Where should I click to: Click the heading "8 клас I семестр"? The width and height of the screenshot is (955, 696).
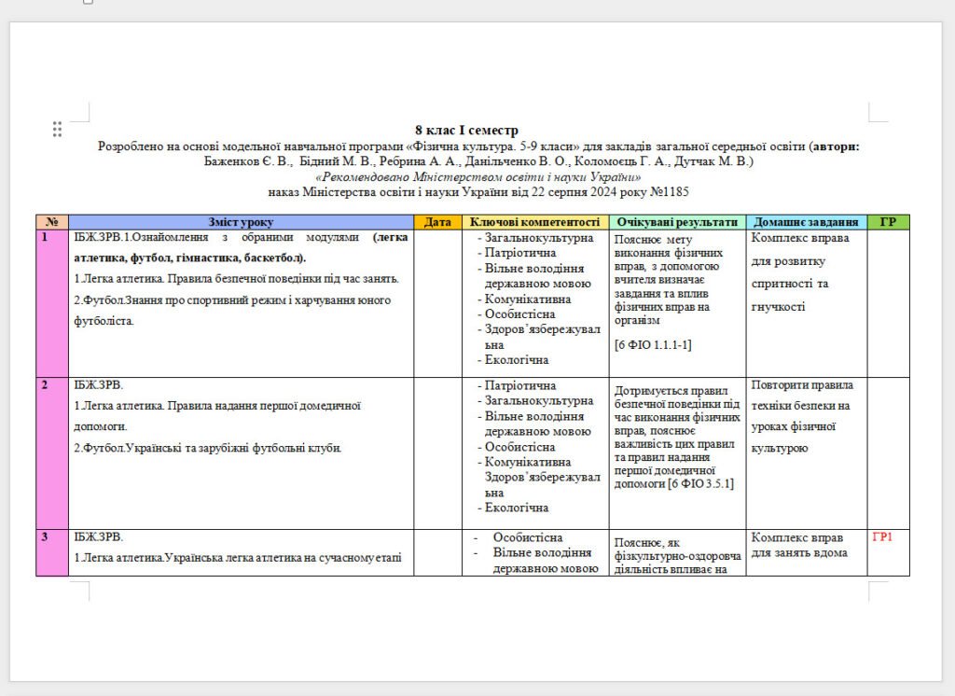point(466,131)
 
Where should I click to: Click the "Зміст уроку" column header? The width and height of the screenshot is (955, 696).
point(241,222)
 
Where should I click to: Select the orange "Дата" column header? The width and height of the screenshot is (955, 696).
point(437,222)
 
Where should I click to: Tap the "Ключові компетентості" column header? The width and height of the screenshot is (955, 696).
point(535,222)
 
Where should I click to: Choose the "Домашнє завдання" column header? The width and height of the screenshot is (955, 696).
point(806,222)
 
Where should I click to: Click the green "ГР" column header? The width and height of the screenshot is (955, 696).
point(888,222)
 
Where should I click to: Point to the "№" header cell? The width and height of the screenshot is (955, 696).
point(51,222)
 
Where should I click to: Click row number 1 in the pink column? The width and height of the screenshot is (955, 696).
point(44,238)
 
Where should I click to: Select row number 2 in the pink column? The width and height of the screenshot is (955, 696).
point(44,385)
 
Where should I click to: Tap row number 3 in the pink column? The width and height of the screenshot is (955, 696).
point(44,537)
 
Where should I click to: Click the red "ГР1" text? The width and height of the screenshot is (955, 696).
point(882,537)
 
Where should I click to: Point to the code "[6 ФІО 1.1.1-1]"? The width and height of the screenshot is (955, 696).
point(653,344)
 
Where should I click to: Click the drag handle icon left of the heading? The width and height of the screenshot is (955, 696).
point(57,129)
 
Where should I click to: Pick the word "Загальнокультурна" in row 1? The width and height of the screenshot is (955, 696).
point(539,238)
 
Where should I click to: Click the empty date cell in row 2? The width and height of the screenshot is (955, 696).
point(437,452)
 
